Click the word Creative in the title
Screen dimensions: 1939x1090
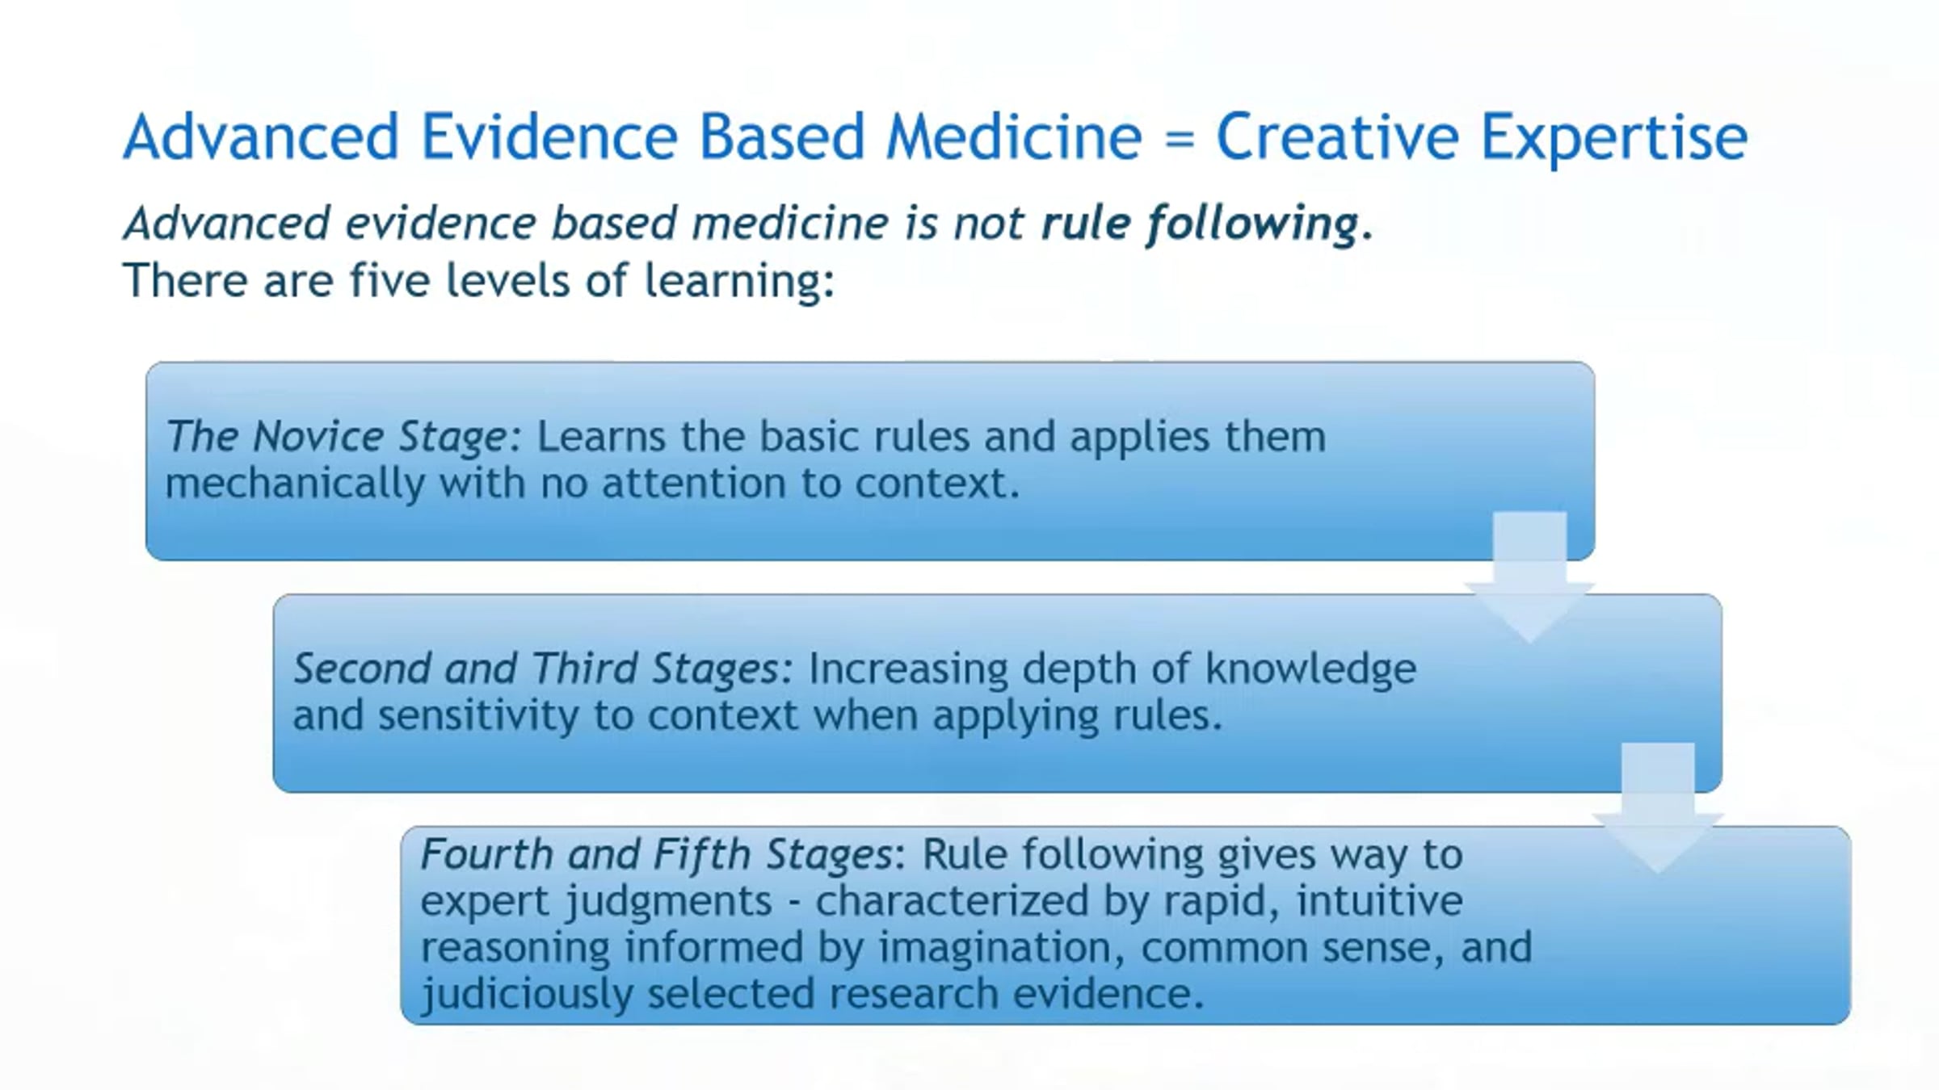pos(1336,136)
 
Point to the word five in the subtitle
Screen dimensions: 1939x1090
pos(389,280)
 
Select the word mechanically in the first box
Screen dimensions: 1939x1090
pos(295,484)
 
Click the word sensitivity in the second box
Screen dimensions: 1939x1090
pos(478,716)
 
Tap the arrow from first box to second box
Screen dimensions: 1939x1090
pos(1529,577)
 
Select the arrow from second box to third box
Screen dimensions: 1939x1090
pos(1658,808)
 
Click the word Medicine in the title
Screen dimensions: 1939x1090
pos(1015,136)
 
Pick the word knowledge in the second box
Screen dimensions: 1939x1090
pos(1310,669)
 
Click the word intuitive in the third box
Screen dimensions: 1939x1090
pos(1380,901)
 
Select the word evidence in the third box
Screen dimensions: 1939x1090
pos(1109,994)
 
